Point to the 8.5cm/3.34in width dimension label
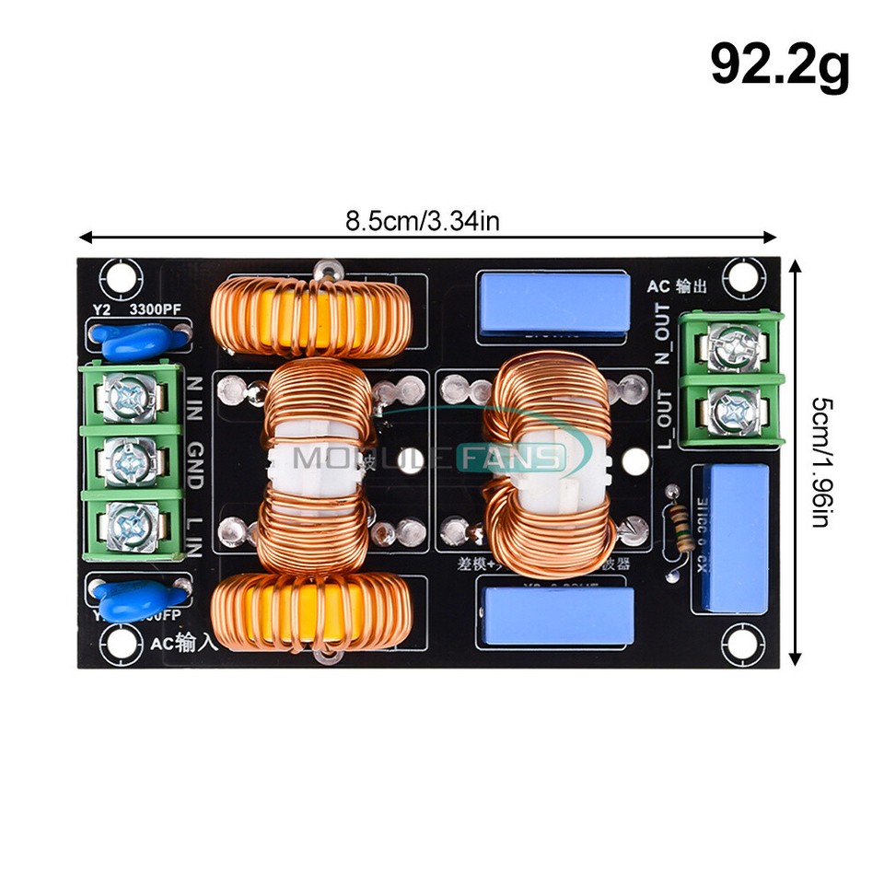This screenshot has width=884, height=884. tap(423, 221)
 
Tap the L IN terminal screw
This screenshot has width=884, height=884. tap(125, 523)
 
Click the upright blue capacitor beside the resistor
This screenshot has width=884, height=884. tap(734, 538)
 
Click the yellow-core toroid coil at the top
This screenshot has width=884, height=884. tap(310, 319)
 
